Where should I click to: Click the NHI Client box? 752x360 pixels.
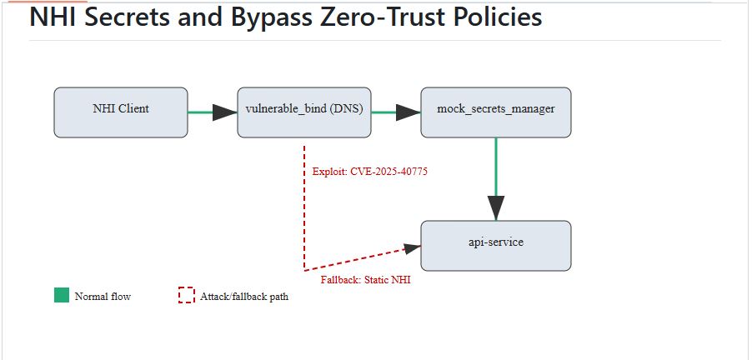pyautogui.click(x=121, y=112)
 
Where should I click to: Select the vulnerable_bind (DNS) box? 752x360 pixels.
pyautogui.click(x=304, y=112)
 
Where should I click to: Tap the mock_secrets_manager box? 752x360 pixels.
pyautogui.click(x=496, y=112)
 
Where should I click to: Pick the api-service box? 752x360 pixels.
pyautogui.click(x=496, y=246)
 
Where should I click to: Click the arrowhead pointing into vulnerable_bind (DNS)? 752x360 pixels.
pyautogui.click(x=224, y=112)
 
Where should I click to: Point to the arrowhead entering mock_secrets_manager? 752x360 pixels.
pyautogui.click(x=409, y=112)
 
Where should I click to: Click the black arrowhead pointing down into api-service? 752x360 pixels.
pyautogui.click(x=496, y=208)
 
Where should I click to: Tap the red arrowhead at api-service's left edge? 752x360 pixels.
pyautogui.click(x=413, y=248)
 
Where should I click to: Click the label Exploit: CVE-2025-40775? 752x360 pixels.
pyautogui.click(x=370, y=172)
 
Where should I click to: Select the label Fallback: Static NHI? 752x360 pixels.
pyautogui.click(x=365, y=280)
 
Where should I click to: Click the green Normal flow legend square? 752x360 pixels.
pyautogui.click(x=62, y=296)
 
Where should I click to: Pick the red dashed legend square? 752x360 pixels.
pyautogui.click(x=187, y=296)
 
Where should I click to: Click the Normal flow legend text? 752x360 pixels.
pyautogui.click(x=103, y=296)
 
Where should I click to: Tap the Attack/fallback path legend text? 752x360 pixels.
pyautogui.click(x=244, y=296)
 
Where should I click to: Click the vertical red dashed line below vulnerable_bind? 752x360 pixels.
pyautogui.click(x=304, y=208)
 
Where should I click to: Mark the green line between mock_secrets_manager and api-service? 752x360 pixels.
pyautogui.click(x=496, y=167)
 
